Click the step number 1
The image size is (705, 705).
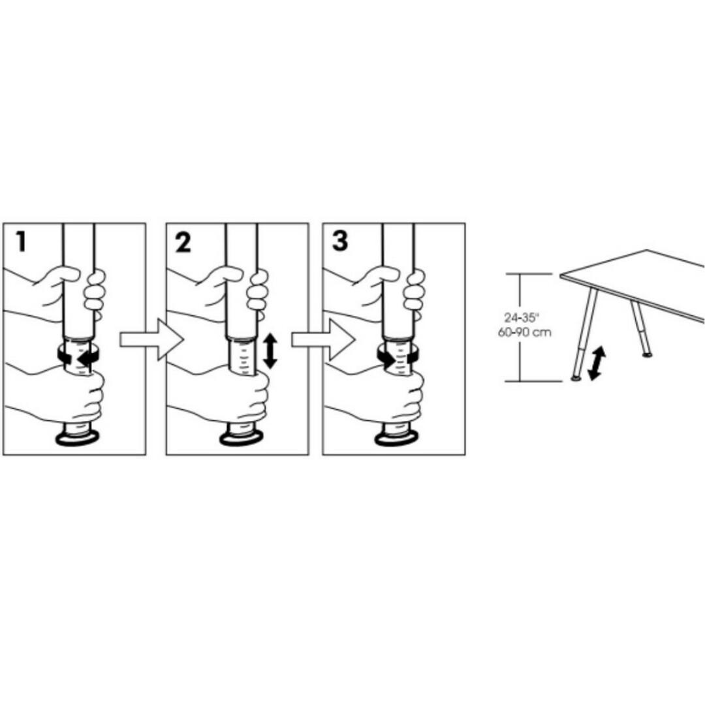[x=22, y=242]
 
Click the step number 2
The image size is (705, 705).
[x=183, y=243]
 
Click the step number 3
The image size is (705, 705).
[x=340, y=242]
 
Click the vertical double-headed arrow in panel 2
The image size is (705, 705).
[x=270, y=351]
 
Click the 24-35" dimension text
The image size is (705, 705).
[x=522, y=318]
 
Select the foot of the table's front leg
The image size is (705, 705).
[x=575, y=377]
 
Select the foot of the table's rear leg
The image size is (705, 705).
[x=647, y=354]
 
